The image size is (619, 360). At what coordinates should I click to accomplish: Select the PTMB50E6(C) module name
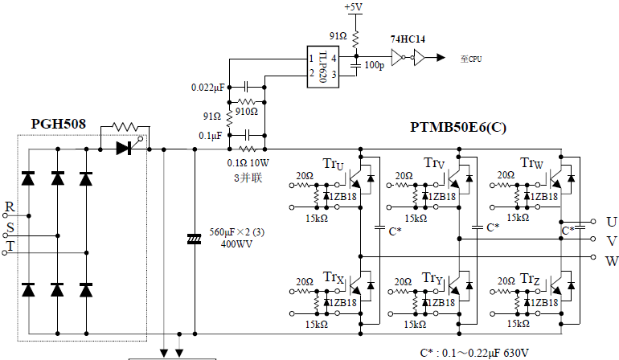pyautogui.click(x=458, y=127)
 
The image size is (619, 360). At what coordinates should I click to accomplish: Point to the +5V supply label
pyautogui.click(x=353, y=7)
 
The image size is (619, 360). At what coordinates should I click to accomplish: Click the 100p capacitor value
pyautogui.click(x=374, y=64)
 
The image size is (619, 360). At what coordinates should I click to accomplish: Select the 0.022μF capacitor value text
pyautogui.click(x=209, y=87)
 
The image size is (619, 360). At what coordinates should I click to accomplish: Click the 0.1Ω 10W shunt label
pyautogui.click(x=248, y=163)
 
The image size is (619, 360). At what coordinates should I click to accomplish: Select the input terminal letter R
pyautogui.click(x=9, y=207)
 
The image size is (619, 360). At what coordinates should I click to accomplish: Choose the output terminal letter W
pyautogui.click(x=612, y=260)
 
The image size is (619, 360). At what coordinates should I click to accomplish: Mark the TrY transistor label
pyautogui.click(x=432, y=278)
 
